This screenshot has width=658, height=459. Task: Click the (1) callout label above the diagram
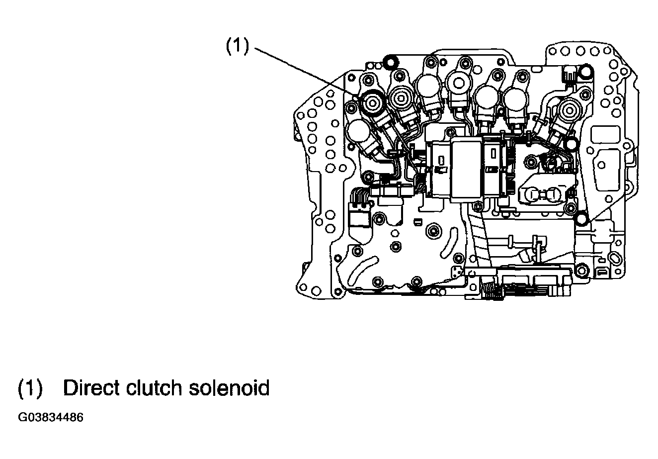click(x=238, y=46)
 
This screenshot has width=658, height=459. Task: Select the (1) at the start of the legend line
click(x=30, y=388)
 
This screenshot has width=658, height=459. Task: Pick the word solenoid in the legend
click(x=229, y=388)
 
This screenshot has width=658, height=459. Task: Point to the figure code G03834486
click(x=51, y=418)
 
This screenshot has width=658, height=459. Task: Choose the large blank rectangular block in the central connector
click(x=466, y=171)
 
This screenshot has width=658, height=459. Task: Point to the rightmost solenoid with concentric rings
click(x=570, y=111)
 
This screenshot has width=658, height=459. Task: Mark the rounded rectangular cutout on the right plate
click(x=605, y=135)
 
